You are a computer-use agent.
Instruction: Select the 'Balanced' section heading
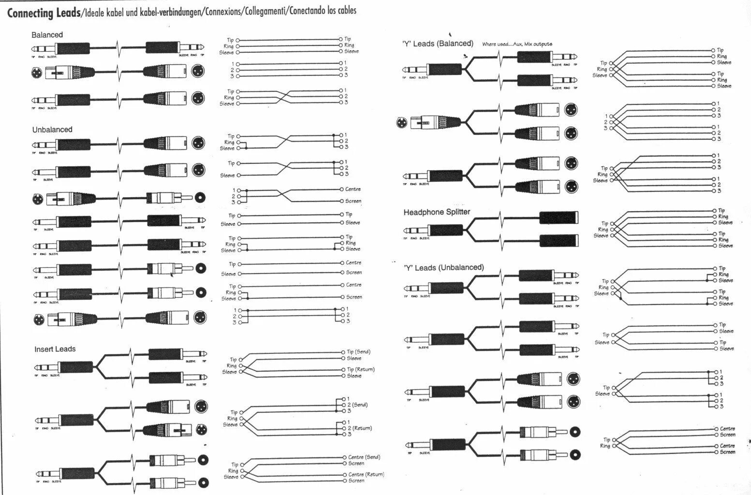coord(47,35)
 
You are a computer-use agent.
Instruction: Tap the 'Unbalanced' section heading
coord(52,130)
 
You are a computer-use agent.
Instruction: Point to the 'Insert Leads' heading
coord(55,349)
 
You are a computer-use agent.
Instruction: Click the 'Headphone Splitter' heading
coord(437,212)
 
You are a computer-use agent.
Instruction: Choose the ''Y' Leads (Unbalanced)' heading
coord(443,267)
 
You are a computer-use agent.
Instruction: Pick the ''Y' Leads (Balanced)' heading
coord(438,44)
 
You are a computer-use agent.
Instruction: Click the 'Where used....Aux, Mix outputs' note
coord(516,44)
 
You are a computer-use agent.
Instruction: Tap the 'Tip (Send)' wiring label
coord(358,352)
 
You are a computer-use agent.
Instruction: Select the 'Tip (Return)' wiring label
coord(360,369)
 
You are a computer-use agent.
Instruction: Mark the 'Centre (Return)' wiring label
coord(366,474)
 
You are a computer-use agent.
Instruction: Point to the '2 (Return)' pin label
coord(358,428)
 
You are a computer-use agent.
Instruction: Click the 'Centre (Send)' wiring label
coord(364,457)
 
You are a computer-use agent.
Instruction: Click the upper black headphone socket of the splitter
coord(559,218)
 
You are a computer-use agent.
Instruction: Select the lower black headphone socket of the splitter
coord(559,240)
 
